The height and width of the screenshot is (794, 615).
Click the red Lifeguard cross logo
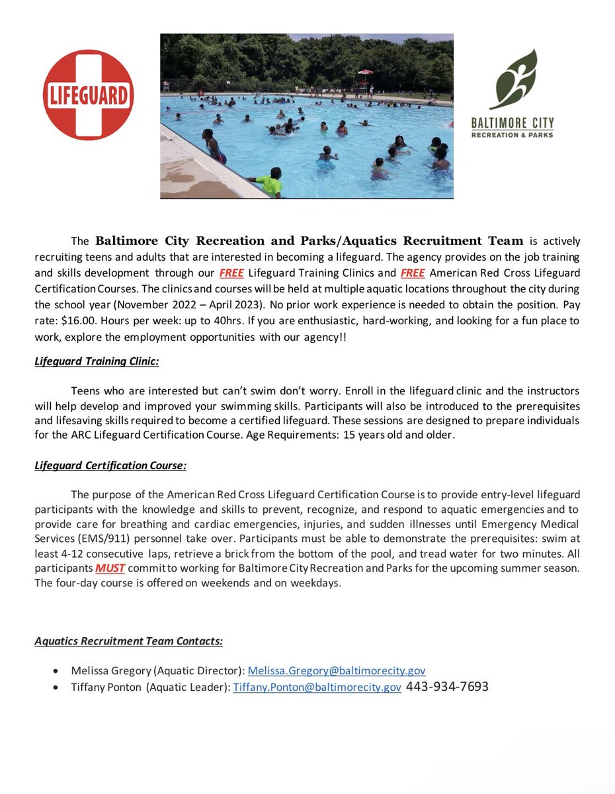click(x=88, y=95)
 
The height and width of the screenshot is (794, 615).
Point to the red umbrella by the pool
click(x=365, y=72)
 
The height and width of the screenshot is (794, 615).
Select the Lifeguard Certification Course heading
click(x=110, y=465)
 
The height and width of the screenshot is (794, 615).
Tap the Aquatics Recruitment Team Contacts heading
click(x=128, y=640)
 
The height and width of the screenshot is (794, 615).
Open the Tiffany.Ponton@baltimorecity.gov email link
click(x=317, y=687)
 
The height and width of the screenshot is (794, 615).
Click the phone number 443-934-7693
click(x=447, y=687)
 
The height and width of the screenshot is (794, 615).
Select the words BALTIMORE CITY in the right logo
click(x=522, y=122)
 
